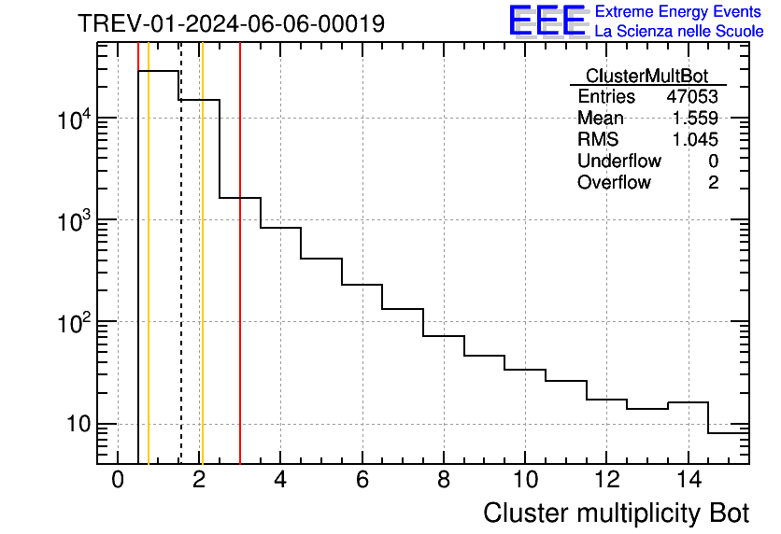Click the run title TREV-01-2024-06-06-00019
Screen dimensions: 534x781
(231, 24)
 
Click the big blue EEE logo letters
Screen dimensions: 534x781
(547, 21)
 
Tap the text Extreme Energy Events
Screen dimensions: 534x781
(679, 12)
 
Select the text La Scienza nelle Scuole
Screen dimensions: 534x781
(679, 31)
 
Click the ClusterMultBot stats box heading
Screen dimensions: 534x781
(646, 76)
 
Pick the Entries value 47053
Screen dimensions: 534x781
(691, 97)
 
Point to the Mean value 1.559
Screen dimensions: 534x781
(695, 119)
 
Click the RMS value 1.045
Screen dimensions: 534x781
(695, 140)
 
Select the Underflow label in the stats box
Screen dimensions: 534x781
(618, 162)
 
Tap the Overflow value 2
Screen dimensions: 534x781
(713, 183)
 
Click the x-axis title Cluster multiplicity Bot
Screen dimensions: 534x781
(616, 513)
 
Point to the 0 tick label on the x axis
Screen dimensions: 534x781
(118, 480)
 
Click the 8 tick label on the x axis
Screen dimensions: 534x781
(444, 480)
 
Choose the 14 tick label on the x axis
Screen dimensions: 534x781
(688, 480)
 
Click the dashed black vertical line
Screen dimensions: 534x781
(180, 280)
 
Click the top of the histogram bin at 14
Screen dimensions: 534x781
(688, 402)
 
